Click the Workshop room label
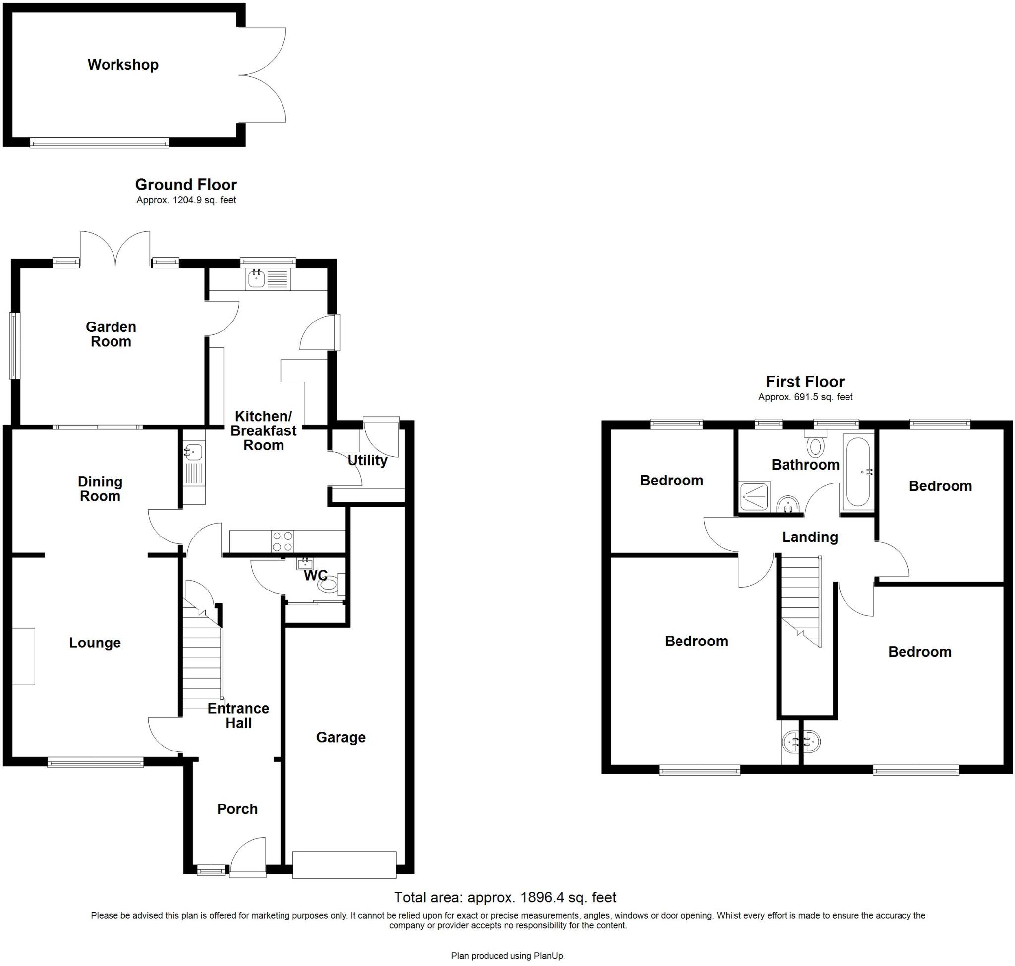pyautogui.click(x=122, y=65)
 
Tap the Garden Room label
pyautogui.click(x=111, y=334)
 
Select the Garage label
pyautogui.click(x=340, y=737)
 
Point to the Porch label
pyautogui.click(x=237, y=809)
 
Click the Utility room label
pyautogui.click(x=367, y=460)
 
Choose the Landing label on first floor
pyautogui.click(x=810, y=537)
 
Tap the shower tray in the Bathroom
pyautogui.click(x=754, y=497)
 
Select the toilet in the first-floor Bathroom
pyautogui.click(x=815, y=445)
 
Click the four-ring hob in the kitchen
pyautogui.click(x=282, y=541)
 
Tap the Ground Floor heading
pyautogui.click(x=185, y=184)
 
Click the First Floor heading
pyautogui.click(x=805, y=381)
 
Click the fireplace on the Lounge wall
pyautogui.click(x=24, y=656)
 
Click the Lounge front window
pyautogui.click(x=95, y=762)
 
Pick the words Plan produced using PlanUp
pyautogui.click(x=507, y=956)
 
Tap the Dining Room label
pyautogui.click(x=100, y=488)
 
